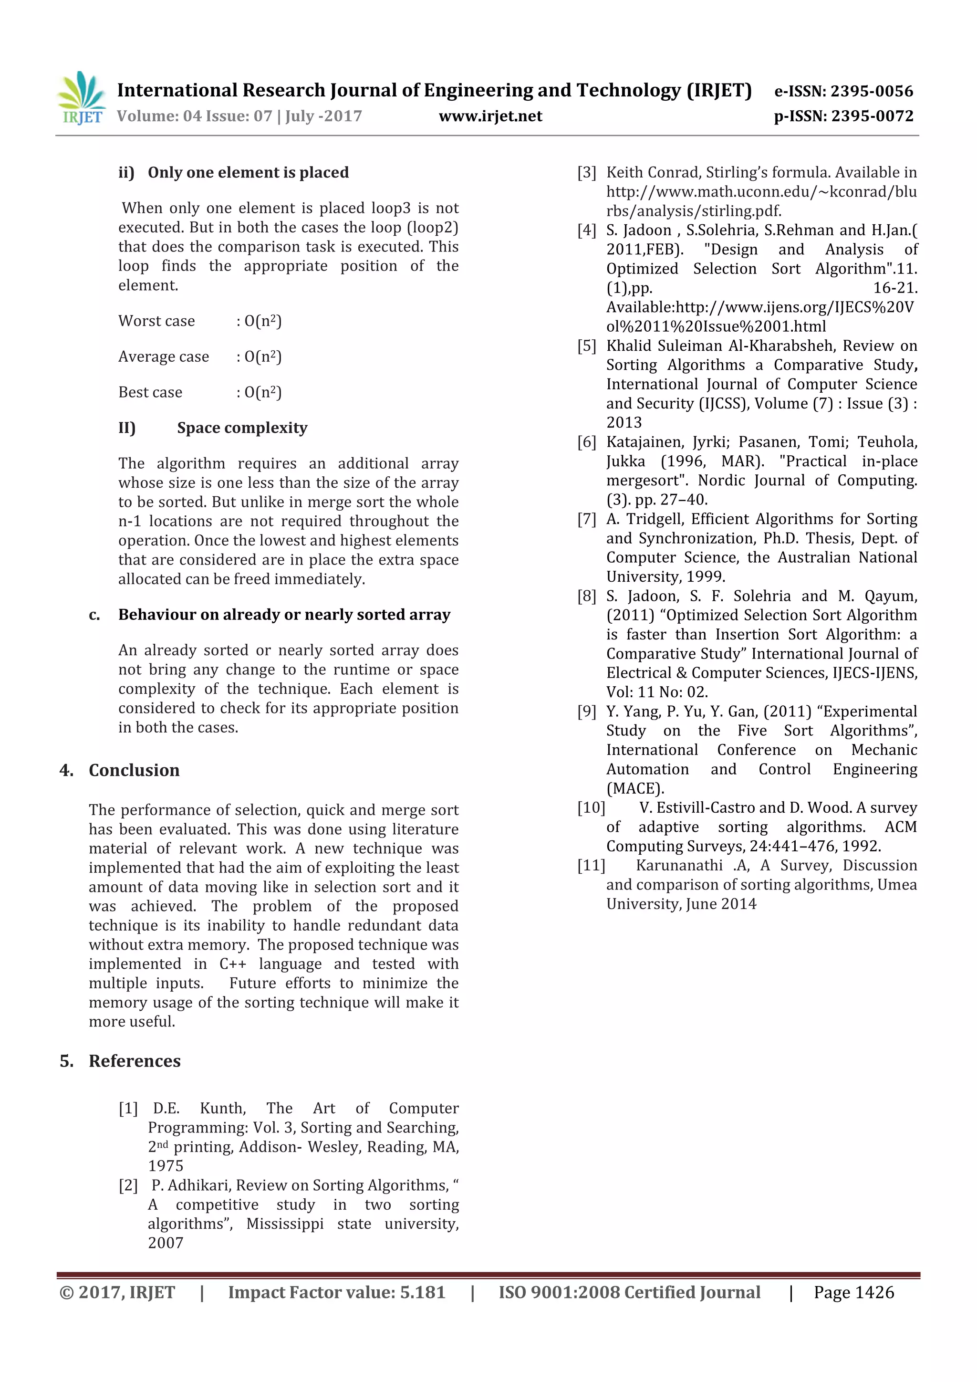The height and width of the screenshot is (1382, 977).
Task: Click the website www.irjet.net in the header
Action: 490,116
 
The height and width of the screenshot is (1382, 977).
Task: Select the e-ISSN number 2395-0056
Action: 872,92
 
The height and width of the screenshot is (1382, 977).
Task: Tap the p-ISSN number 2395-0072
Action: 872,116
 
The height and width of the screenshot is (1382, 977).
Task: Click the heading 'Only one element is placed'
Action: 248,173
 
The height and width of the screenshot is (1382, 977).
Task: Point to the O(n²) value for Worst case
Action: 263,321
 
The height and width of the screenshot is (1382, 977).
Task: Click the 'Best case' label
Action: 150,392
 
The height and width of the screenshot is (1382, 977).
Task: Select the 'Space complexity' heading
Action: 242,428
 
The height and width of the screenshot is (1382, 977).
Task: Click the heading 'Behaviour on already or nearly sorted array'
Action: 284,615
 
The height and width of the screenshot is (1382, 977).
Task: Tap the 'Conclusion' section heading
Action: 134,770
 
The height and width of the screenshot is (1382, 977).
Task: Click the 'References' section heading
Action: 135,1061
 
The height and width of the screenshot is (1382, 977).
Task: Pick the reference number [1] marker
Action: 128,1108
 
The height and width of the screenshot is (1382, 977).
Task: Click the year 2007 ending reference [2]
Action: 166,1243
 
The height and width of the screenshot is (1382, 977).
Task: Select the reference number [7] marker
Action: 587,519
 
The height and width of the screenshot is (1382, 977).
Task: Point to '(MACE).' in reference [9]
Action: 634,788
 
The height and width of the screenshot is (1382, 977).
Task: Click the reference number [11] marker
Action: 591,866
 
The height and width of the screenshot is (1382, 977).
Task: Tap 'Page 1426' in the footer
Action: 853,1292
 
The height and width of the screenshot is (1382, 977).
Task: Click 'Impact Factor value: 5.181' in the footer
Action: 336,1292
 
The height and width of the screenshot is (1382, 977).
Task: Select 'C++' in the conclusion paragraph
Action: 232,963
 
